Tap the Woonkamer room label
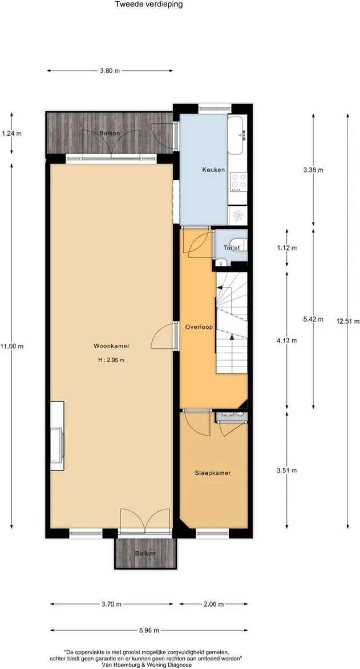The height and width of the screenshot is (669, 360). [112, 346]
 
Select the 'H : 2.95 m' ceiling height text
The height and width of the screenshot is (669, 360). [112, 360]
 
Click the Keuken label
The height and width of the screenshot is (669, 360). [213, 170]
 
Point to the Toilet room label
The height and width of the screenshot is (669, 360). [232, 248]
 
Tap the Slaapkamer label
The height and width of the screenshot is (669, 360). [213, 473]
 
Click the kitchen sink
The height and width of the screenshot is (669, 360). [237, 135]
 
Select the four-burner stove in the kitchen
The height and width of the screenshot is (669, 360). [238, 181]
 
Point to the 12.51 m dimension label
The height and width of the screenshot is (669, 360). [346, 321]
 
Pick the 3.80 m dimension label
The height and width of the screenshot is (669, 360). [110, 71]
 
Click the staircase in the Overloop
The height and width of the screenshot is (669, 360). [231, 323]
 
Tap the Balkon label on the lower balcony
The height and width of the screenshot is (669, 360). [145, 554]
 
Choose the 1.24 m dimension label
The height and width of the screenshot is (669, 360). [11, 134]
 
